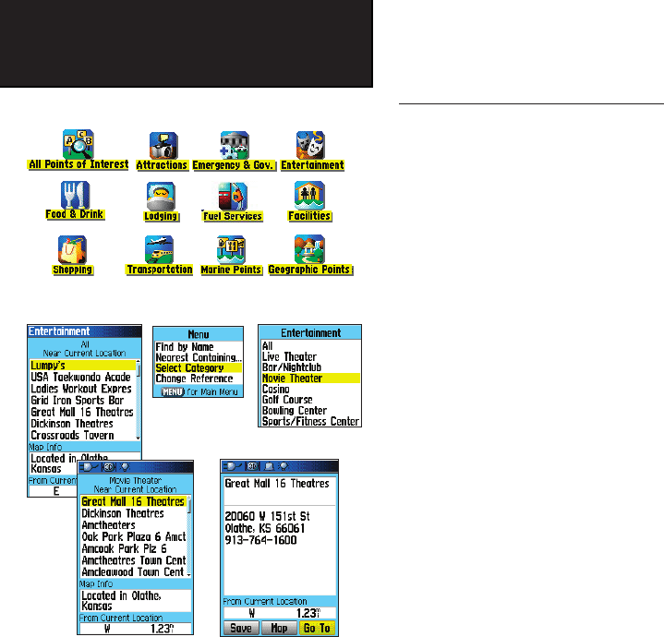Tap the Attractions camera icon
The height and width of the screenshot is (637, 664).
point(163,144)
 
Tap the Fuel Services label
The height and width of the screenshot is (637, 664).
point(233,217)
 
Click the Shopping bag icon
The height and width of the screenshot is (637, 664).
point(72,249)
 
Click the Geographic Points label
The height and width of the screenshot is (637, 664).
point(309,270)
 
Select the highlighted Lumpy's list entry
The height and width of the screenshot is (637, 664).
point(82,366)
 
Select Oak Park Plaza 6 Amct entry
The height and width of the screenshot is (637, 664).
point(134,536)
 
